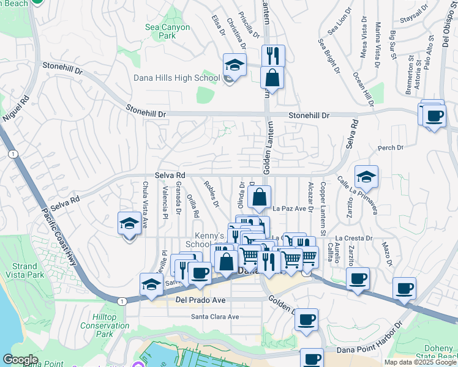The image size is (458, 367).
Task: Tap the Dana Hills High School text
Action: (176, 78)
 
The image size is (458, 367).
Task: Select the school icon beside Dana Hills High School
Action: (234, 65)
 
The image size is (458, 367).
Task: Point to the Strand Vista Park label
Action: (28, 270)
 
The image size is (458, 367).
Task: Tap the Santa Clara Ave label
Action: (215, 317)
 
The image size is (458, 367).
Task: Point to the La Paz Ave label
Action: (289, 209)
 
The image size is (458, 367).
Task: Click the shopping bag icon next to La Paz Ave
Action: (260, 198)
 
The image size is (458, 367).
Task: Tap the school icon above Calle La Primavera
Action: (366, 177)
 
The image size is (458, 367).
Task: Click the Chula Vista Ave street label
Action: (146, 201)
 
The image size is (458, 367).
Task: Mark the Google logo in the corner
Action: (20, 360)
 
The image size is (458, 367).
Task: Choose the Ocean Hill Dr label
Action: (364, 89)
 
